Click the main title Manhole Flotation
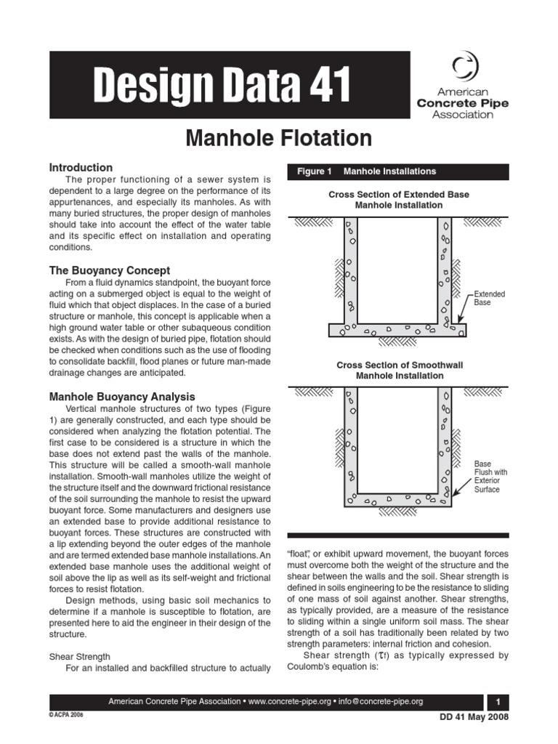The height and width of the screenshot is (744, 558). [279, 138]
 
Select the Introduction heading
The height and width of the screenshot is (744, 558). [80, 167]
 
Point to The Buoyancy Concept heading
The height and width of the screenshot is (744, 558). [109, 270]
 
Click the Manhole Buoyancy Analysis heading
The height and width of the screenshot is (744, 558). [121, 397]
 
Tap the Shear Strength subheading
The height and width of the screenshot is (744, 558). [79, 656]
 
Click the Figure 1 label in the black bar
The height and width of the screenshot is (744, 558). [314, 171]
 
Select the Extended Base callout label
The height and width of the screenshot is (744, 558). [489, 298]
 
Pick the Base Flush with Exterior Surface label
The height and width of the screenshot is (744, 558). [491, 476]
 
